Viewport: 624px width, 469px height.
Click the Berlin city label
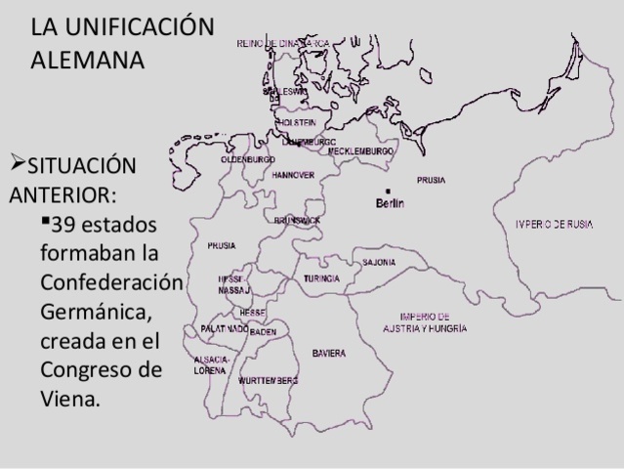click(x=390, y=203)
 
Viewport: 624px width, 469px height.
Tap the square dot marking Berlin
click(x=388, y=190)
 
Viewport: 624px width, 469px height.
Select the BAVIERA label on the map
click(x=328, y=353)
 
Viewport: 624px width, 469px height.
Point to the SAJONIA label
click(x=379, y=263)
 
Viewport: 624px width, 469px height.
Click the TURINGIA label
click(x=321, y=278)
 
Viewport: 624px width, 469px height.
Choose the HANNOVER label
click(x=293, y=175)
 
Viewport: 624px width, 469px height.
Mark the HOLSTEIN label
click(x=297, y=122)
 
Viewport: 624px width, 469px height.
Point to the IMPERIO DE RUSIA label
click(x=555, y=225)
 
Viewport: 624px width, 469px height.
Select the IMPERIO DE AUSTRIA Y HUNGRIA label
click(x=424, y=322)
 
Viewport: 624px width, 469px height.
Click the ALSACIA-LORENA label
click(x=212, y=365)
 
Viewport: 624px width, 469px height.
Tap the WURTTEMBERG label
click(x=268, y=380)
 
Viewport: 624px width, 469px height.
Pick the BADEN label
click(x=263, y=332)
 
